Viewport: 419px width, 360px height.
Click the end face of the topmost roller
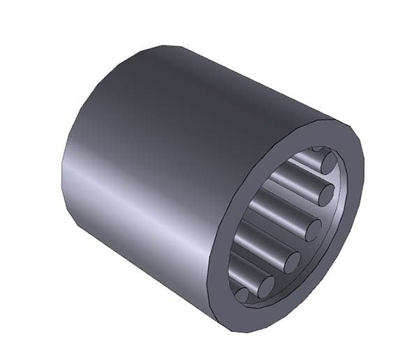pyautogui.click(x=329, y=163)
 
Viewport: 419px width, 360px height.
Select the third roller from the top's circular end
pyautogui.click(x=312, y=229)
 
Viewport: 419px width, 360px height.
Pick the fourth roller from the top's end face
pyautogui.click(x=292, y=261)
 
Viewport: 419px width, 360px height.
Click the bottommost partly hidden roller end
pyautogui.click(x=242, y=296)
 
